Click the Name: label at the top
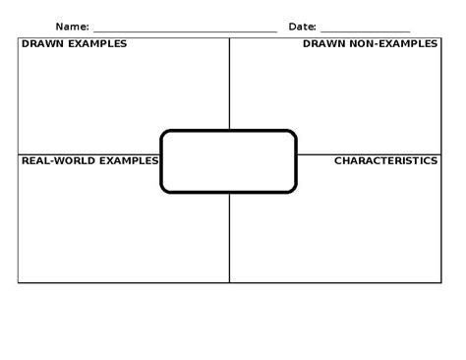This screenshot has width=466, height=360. coord(72,26)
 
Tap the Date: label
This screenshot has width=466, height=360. coord(302,26)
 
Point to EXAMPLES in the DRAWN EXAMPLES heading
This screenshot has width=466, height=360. coord(96,44)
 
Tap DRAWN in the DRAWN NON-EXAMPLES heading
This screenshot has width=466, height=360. coord(322,44)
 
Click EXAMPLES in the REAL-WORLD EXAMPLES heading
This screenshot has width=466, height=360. coord(125,160)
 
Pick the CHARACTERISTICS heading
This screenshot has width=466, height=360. coord(385,160)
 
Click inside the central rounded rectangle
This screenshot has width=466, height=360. coord(228,161)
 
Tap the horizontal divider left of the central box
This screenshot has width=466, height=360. coord(88,154)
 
